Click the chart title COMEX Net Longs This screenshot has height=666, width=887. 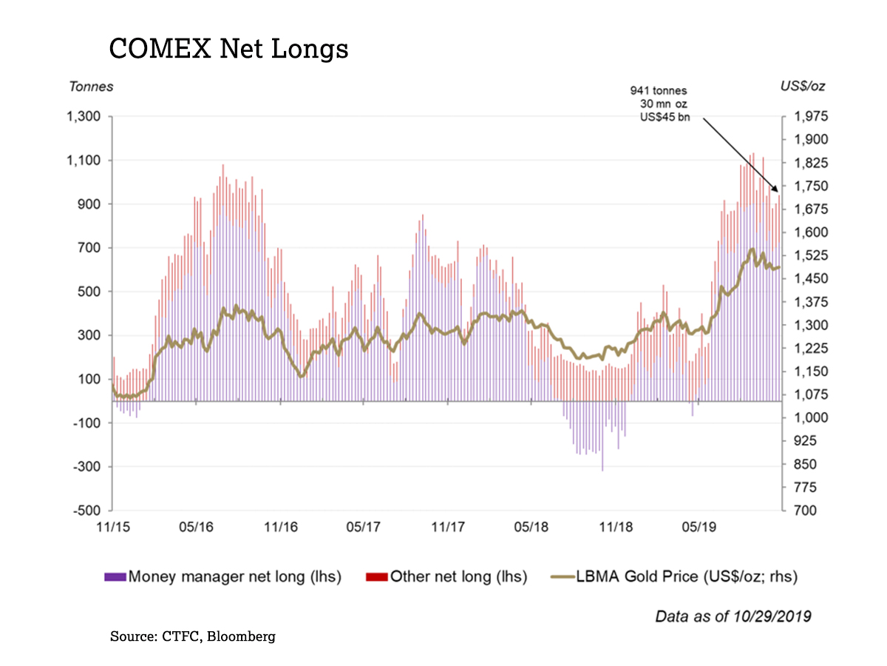click(x=228, y=49)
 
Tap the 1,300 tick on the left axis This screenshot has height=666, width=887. click(x=84, y=117)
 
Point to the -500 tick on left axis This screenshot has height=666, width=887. click(x=87, y=511)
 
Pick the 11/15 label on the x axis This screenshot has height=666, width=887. click(x=112, y=528)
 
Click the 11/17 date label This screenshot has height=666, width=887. click(x=447, y=528)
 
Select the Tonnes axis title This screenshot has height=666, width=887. click(x=91, y=86)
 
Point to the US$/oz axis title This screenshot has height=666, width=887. click(x=803, y=86)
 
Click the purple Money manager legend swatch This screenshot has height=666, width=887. click(x=115, y=576)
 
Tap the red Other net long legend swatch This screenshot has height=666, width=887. click(x=377, y=576)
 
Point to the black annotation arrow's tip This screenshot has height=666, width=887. click(x=779, y=192)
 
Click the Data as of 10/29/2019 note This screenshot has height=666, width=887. click(x=733, y=616)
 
